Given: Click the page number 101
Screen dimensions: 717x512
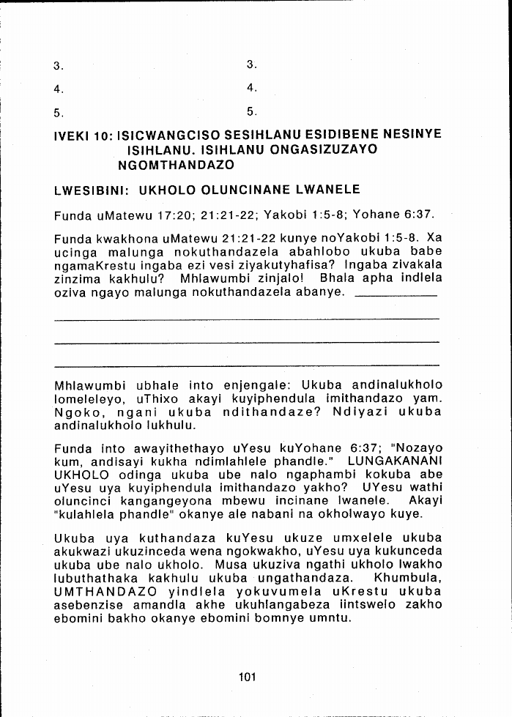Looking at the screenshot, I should (x=247, y=677).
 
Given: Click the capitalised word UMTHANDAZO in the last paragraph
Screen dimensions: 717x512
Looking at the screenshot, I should (x=105, y=592).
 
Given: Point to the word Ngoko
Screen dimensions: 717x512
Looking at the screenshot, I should (x=76, y=412).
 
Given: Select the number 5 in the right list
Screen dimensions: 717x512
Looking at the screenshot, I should (x=251, y=112).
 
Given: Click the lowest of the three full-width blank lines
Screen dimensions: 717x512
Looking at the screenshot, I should (x=247, y=365).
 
